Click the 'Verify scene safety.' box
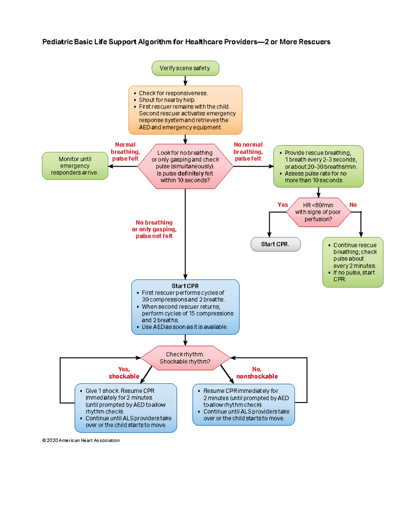[185, 68]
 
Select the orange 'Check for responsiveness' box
[185, 110]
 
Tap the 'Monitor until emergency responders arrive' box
[75, 166]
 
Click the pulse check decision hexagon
[185, 166]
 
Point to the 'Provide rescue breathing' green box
[318, 166]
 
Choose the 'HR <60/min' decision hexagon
[318, 212]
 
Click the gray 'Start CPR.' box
[275, 244]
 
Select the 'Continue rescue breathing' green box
[353, 262]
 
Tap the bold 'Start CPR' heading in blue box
[185, 286]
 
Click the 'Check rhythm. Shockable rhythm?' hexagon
[185, 358]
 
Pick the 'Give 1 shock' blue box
[126, 408]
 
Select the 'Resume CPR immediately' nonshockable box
[243, 405]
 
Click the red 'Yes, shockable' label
[124, 373]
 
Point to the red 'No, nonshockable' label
[257, 373]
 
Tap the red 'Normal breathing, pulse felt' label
[125, 152]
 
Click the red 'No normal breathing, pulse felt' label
[248, 152]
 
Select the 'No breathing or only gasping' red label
[154, 229]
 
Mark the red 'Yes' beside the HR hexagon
[283, 205]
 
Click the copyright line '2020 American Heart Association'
[81, 440]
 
